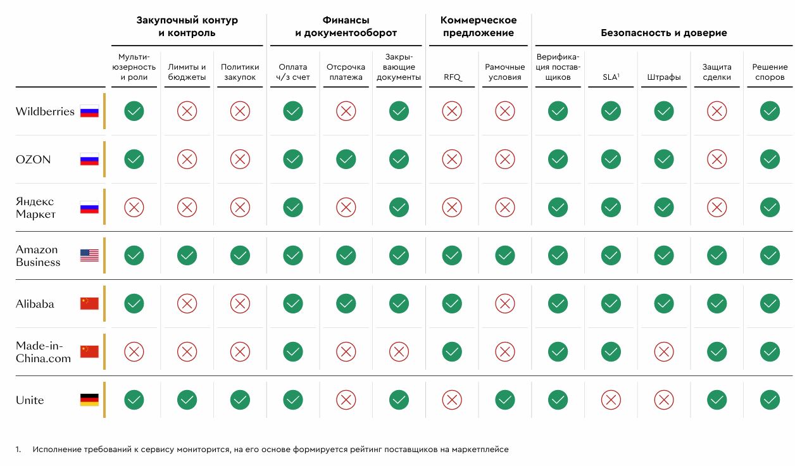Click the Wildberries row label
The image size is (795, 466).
(45, 112)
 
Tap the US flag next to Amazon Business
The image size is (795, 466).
(89, 256)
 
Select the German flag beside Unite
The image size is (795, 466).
(89, 400)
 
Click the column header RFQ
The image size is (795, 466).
(452, 77)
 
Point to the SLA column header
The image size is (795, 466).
(611, 77)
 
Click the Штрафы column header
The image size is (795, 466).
(664, 77)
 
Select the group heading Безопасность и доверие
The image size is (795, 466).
(663, 33)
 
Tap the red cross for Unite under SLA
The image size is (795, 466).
(611, 400)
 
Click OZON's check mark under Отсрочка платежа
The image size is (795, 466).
(346, 160)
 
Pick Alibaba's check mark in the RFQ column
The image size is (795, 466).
(452, 304)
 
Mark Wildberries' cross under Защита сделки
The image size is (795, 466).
(717, 112)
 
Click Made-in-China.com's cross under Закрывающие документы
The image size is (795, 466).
(399, 351)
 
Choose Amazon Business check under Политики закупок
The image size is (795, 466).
(240, 256)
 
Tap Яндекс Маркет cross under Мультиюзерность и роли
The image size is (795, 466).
(134, 208)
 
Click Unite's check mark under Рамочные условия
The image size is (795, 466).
(504, 400)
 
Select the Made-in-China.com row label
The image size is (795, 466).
(43, 352)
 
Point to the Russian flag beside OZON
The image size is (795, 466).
(89, 160)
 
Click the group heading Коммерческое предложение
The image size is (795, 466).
(478, 27)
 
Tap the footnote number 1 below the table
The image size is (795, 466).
(18, 450)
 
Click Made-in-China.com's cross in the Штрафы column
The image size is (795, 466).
(664, 351)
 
